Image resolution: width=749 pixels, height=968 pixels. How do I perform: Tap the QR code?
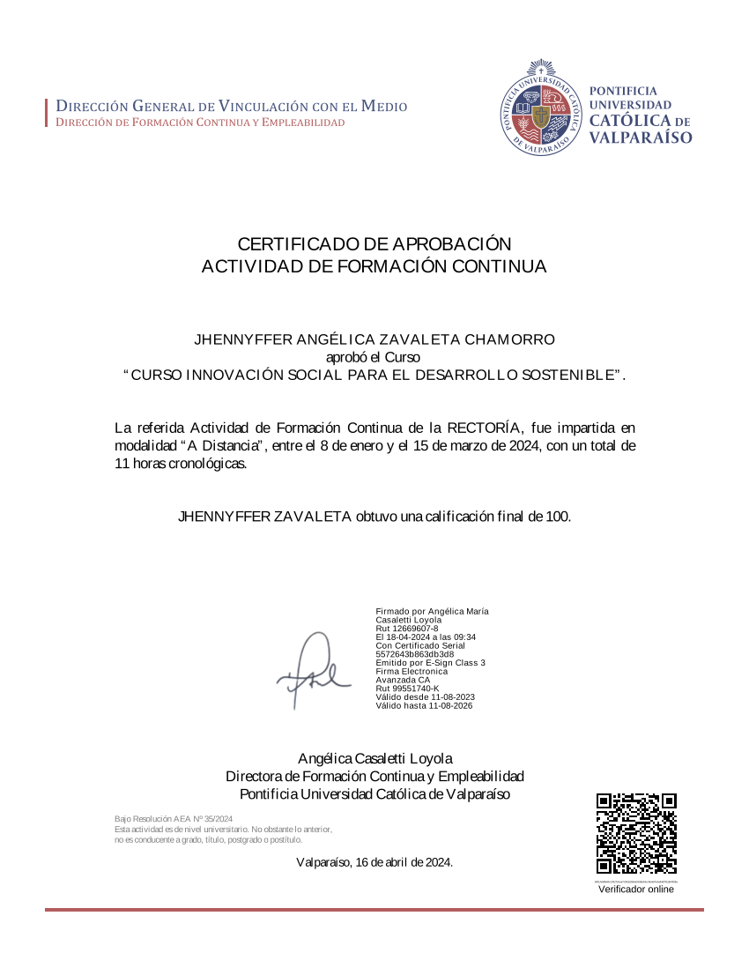pyautogui.click(x=636, y=833)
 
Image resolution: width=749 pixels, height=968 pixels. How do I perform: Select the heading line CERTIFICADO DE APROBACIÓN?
pyautogui.click(x=374, y=244)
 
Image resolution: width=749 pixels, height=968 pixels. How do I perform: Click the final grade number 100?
pyautogui.click(x=557, y=517)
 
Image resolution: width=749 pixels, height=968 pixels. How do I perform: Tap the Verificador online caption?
pyautogui.click(x=636, y=890)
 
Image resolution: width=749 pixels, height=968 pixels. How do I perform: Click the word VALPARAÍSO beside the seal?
pyautogui.click(x=640, y=138)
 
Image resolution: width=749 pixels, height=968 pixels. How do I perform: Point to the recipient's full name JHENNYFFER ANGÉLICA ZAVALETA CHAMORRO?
pyautogui.click(x=374, y=339)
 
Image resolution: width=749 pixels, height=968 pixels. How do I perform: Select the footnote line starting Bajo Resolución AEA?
pyautogui.click(x=174, y=819)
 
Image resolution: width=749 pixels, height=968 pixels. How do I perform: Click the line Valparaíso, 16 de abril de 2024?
pyautogui.click(x=374, y=861)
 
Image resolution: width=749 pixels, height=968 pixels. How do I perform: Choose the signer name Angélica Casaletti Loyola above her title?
pyautogui.click(x=374, y=758)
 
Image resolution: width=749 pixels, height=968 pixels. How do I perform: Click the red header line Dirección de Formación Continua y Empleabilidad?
pyautogui.click(x=201, y=123)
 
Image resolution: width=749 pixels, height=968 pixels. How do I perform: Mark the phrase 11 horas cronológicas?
pyautogui.click(x=181, y=464)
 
